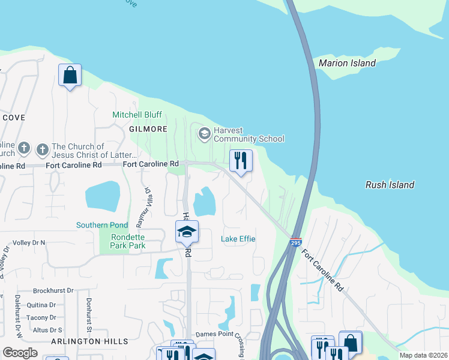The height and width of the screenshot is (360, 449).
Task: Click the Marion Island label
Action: [x=347, y=63]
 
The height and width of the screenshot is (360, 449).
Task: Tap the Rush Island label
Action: [x=390, y=185]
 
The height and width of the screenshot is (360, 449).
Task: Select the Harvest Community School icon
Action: [x=204, y=133]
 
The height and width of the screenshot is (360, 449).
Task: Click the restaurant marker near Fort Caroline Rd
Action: [x=241, y=160]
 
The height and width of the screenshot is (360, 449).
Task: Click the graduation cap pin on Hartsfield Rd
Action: [x=187, y=231]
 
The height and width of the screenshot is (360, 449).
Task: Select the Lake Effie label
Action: [x=238, y=239]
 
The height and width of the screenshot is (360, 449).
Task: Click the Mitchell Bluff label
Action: [x=137, y=115]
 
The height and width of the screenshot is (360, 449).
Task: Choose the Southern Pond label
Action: [x=101, y=225]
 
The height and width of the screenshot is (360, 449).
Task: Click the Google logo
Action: [x=20, y=353]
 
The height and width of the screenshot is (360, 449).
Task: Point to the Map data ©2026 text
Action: [x=423, y=355]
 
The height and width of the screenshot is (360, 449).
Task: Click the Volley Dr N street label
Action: [x=25, y=242]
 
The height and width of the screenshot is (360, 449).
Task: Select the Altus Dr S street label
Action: [x=47, y=330]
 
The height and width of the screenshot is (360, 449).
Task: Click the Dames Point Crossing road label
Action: [x=219, y=335]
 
